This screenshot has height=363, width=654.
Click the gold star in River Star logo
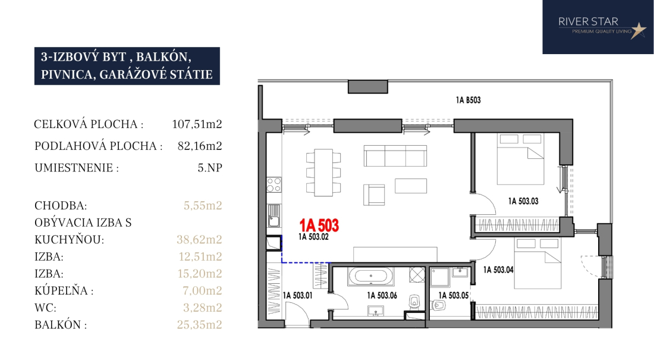pos(638,30)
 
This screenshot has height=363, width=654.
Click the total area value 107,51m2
pos(197,124)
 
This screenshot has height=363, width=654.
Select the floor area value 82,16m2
pos(200,146)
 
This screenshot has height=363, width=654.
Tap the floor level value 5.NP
pos(210,168)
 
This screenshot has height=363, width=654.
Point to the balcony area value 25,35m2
pos(199,324)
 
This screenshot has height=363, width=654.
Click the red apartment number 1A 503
pos(319,226)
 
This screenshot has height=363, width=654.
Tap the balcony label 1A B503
pos(468,100)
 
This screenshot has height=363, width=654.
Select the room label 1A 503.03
pos(523,201)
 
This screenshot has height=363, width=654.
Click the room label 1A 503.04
pos(498,270)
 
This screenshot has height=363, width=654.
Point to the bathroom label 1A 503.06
pos(382,295)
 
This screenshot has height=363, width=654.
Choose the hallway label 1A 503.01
pos(297,295)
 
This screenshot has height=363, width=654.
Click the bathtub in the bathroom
pos(370,276)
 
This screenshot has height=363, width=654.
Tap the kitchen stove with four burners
pos(274,185)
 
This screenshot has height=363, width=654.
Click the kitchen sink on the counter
pos(274,215)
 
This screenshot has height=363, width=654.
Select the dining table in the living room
pos(323,173)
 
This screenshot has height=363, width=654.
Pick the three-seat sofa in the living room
pos(395,156)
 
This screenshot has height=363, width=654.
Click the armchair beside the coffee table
pos(374,195)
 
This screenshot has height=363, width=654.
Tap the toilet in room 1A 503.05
pos(439,306)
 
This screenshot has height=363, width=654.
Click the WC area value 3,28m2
pos(203,308)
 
